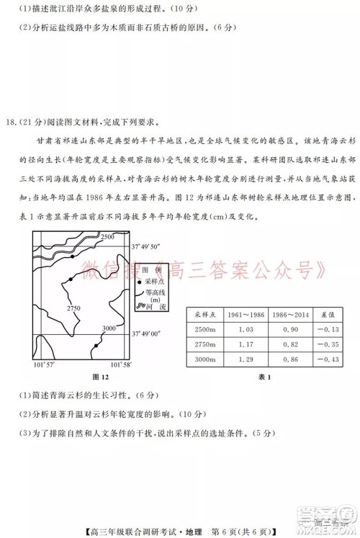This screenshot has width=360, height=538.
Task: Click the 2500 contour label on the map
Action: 108,237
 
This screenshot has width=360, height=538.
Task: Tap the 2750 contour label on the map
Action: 74,308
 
